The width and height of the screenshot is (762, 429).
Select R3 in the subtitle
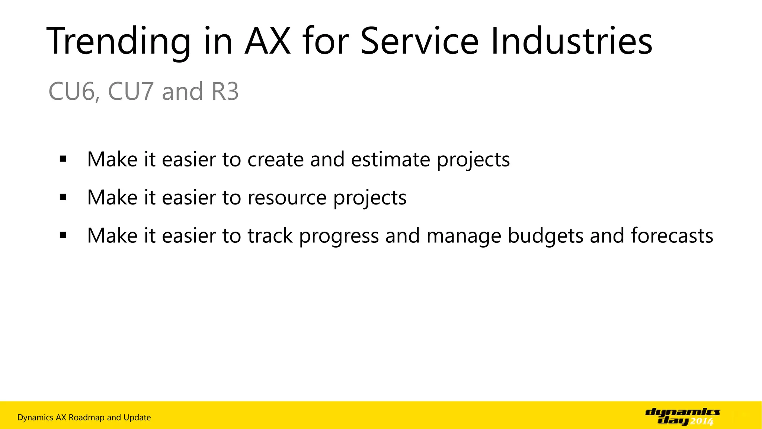pyautogui.click(x=225, y=92)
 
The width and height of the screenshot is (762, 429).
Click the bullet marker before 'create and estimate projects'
pyautogui.click(x=63, y=159)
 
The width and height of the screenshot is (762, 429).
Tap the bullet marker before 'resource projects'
pyautogui.click(x=63, y=197)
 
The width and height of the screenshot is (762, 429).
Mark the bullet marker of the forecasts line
pyautogui.click(x=63, y=235)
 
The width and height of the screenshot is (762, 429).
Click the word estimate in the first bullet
pyautogui.click(x=391, y=159)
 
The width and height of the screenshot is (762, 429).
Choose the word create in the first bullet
pyautogui.click(x=276, y=159)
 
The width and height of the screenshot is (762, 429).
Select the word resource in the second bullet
pyautogui.click(x=287, y=197)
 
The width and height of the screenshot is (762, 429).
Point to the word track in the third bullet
pyautogui.click(x=270, y=236)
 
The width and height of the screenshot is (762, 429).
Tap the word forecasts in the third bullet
pyautogui.click(x=672, y=236)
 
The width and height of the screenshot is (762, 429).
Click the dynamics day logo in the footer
pyautogui.click(x=682, y=417)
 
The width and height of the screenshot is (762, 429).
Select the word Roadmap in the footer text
pyautogui.click(x=86, y=417)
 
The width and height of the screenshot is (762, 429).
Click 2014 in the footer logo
pyautogui.click(x=702, y=421)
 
